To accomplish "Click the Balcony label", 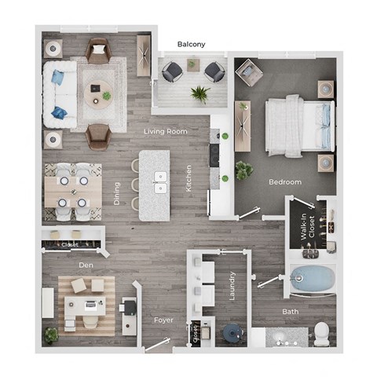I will coord(192,45).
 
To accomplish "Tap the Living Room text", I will coord(166,131).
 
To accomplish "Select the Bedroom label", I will coord(285,182).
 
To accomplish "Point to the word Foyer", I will coord(163,320).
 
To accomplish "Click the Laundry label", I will coord(232,287).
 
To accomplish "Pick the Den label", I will coord(86,265).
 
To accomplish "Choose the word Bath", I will coord(290,312).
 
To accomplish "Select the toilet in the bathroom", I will coord(321,334).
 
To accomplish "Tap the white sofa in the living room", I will coord(60,93).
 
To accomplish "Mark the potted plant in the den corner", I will coord(51,335).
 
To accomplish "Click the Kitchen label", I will coord(188,178).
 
